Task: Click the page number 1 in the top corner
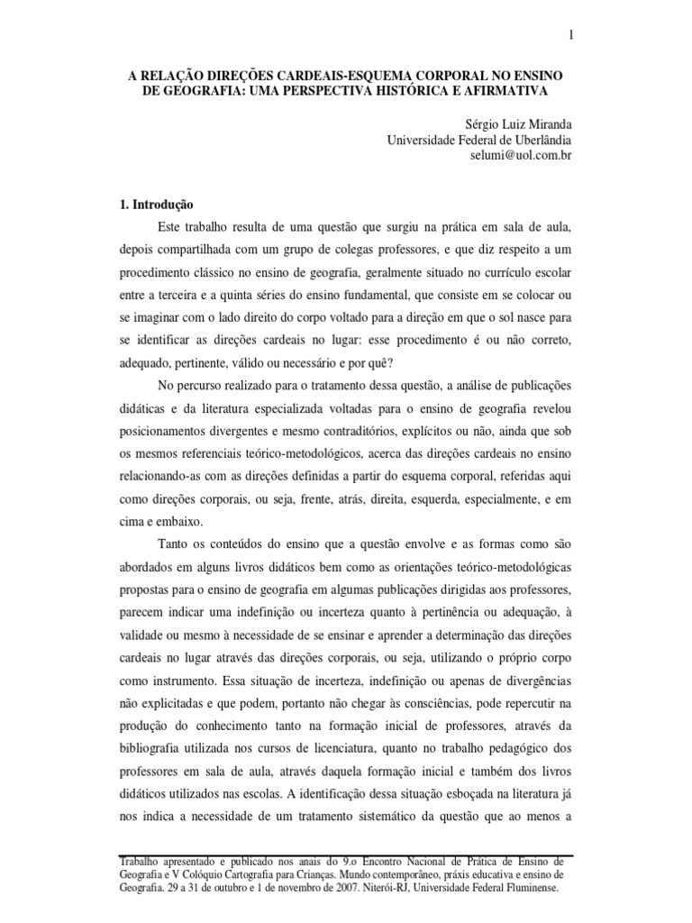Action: coord(570,35)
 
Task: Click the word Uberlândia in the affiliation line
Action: coord(530,140)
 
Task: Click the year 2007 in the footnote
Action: coord(328,888)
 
